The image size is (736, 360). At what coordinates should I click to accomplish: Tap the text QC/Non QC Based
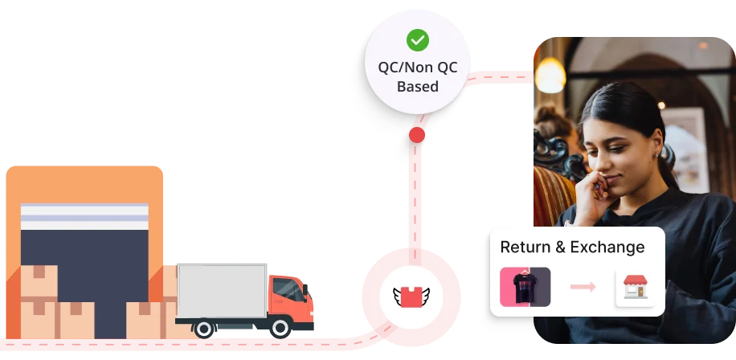[417, 76]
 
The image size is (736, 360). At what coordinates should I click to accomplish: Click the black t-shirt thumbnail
[525, 287]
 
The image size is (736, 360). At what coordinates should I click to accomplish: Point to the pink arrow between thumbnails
[583, 287]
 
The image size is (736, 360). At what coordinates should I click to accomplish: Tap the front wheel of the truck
[280, 327]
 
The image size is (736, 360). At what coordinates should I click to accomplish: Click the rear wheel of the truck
[205, 327]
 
